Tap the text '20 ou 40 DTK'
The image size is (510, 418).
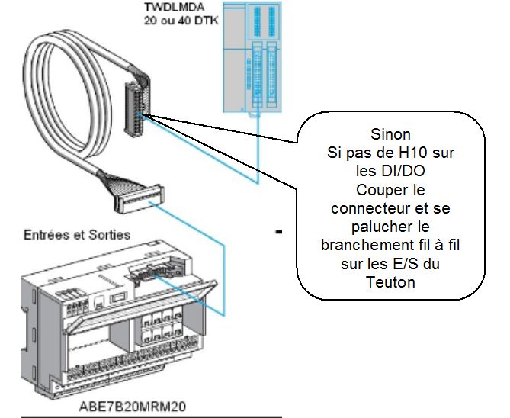click(179, 21)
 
